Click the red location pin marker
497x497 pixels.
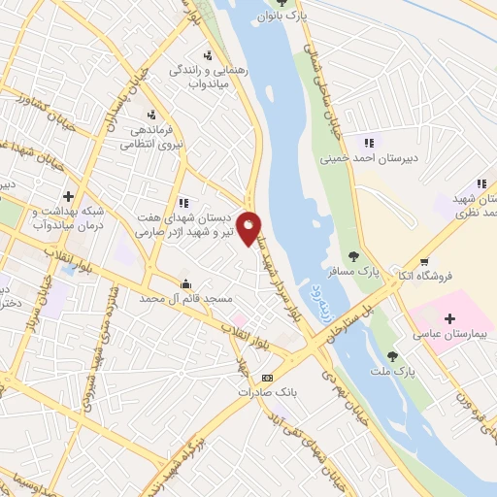(x=249, y=227)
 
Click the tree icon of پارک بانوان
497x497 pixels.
(x=282, y=3)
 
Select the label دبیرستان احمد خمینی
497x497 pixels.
(x=360, y=156)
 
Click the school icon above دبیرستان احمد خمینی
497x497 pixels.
(x=368, y=142)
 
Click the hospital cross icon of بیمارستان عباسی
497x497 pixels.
(x=449, y=318)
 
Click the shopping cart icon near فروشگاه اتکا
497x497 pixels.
(x=424, y=262)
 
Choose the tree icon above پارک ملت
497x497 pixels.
(x=392, y=356)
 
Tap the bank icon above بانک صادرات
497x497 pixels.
(x=268, y=377)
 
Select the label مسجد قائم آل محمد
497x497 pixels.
(x=191, y=298)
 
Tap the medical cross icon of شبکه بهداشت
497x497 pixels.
(x=68, y=196)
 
